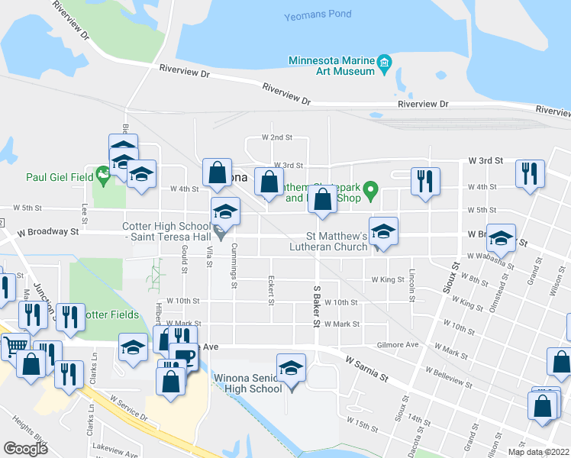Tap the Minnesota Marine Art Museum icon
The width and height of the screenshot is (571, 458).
pyautogui.click(x=386, y=62)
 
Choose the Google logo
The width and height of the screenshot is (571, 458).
pyautogui.click(x=25, y=448)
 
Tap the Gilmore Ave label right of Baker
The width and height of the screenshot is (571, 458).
pyautogui.click(x=403, y=345)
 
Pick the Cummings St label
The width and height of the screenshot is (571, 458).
pyautogui.click(x=235, y=261)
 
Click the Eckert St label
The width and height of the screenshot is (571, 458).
pyautogui.click(x=271, y=291)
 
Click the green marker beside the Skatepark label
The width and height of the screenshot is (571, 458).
pyautogui.click(x=371, y=188)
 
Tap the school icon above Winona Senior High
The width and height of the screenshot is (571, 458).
pyautogui.click(x=291, y=369)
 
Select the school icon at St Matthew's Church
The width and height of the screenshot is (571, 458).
pyautogui.click(x=383, y=232)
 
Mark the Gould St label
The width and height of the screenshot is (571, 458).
pyautogui.click(x=185, y=253)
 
